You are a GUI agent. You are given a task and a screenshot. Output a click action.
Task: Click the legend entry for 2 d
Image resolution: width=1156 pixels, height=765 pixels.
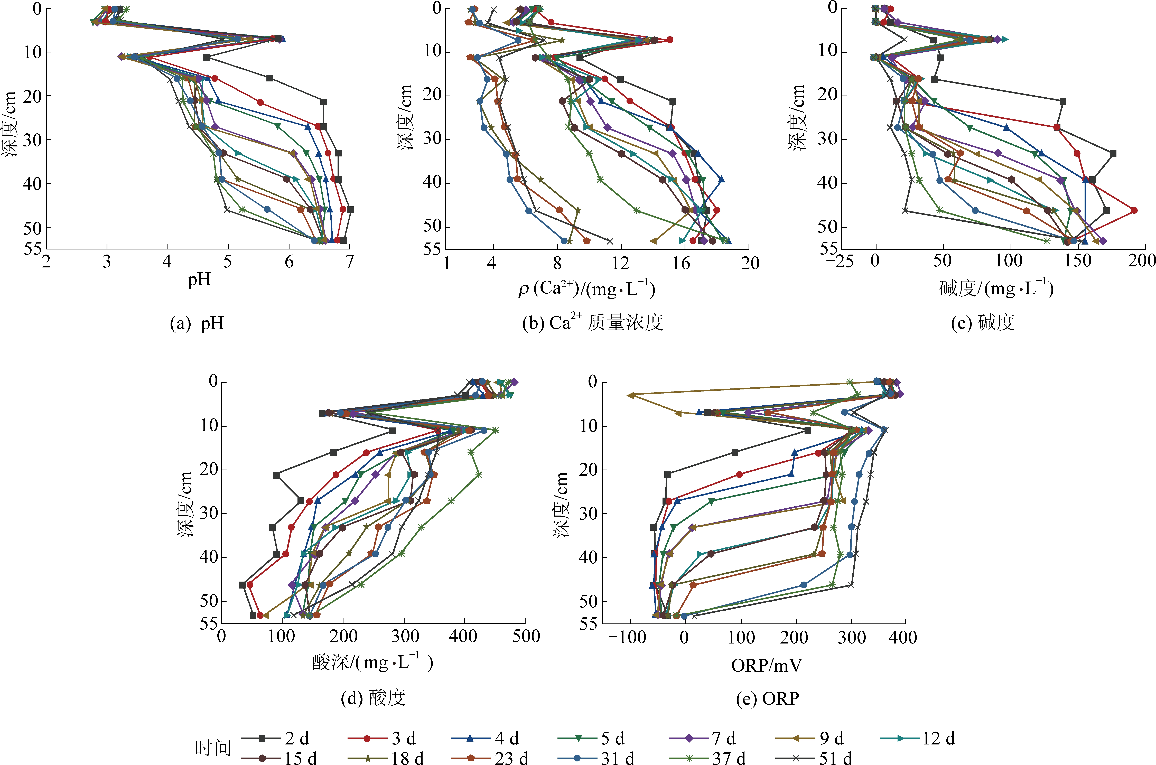(276, 738)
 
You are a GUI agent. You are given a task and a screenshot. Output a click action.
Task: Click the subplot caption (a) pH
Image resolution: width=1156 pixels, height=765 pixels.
(197, 323)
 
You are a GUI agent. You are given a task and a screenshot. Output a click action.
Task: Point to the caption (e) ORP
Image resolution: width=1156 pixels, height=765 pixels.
(767, 699)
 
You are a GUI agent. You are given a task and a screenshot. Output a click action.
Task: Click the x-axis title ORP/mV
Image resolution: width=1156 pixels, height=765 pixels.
(766, 665)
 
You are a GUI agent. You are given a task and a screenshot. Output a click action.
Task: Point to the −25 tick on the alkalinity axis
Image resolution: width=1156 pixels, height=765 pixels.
(840, 262)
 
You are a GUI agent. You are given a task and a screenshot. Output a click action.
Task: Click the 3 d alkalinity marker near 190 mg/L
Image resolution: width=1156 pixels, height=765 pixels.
(1134, 210)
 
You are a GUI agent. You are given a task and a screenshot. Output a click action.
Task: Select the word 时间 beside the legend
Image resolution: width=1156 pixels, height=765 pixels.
(213, 747)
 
